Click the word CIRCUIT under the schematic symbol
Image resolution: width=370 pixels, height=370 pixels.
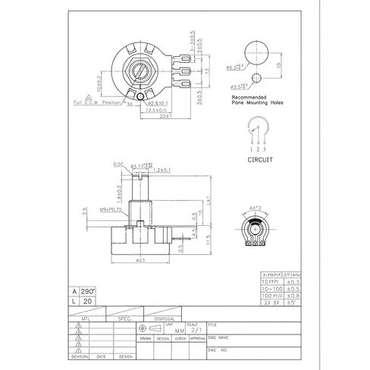tap(260, 160)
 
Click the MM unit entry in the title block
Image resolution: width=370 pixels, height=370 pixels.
tap(179, 331)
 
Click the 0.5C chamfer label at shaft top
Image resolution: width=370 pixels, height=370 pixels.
tap(119, 163)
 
